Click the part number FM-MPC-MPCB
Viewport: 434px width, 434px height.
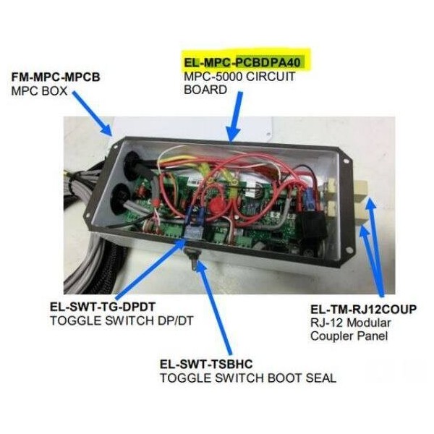coord(56,77)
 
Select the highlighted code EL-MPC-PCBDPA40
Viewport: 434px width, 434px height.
coord(242,62)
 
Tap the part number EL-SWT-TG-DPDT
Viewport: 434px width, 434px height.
coord(103,307)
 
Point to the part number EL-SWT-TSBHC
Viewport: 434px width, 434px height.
coord(206,364)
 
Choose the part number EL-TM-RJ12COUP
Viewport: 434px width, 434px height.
coord(363,310)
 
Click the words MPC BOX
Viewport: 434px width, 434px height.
coord(39,91)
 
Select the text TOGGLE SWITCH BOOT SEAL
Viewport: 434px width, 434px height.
coord(248,378)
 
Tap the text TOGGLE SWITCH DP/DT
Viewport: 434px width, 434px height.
coord(122,320)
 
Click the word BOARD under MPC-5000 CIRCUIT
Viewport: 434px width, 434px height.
coord(205,90)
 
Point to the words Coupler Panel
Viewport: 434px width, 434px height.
coord(349,336)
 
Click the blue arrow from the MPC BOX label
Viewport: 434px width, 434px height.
coord(92,114)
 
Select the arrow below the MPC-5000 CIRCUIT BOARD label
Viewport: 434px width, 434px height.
coord(235,116)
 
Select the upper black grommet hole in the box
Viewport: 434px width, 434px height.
coord(132,164)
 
